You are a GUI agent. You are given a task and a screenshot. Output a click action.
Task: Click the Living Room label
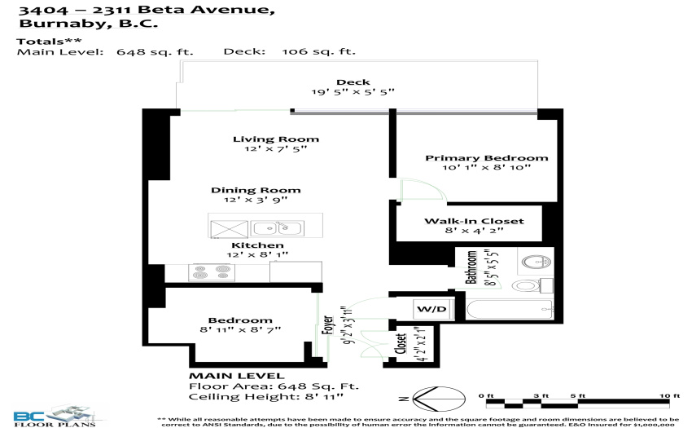pyautogui.click(x=276, y=139)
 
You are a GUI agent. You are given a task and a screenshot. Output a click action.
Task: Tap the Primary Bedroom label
pyautogui.click(x=486, y=158)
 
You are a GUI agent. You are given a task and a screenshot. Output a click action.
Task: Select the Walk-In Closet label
pyautogui.click(x=474, y=221)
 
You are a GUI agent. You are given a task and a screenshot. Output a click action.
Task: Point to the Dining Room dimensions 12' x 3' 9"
pyautogui.click(x=256, y=200)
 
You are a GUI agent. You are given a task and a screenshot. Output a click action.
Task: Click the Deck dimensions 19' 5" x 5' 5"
pyautogui.click(x=353, y=92)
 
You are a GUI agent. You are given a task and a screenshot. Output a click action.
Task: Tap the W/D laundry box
pyautogui.click(x=431, y=309)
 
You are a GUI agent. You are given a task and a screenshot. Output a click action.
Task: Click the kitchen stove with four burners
pyautogui.click(x=212, y=272)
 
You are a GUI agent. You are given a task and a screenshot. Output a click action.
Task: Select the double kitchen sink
pyautogui.click(x=277, y=228)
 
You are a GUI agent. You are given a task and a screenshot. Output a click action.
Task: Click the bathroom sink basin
pyautogui.click(x=537, y=262)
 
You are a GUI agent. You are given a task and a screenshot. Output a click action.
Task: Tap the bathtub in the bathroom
pyautogui.click(x=510, y=310)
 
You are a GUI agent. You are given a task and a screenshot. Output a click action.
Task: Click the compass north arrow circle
pyautogui.click(x=439, y=399)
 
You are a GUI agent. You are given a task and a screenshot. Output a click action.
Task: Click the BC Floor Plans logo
pyautogui.click(x=55, y=416)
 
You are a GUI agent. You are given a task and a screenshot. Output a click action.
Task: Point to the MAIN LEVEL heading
pyautogui.click(x=237, y=376)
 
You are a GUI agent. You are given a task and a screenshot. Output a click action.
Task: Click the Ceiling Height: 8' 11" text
pyautogui.click(x=265, y=396)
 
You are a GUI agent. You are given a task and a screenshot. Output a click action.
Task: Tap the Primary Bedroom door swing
pyautogui.click(x=423, y=189)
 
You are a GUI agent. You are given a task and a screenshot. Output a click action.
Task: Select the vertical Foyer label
pyautogui.click(x=327, y=325)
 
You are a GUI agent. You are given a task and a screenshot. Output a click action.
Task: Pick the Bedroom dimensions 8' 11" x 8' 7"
pyautogui.click(x=240, y=330)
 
